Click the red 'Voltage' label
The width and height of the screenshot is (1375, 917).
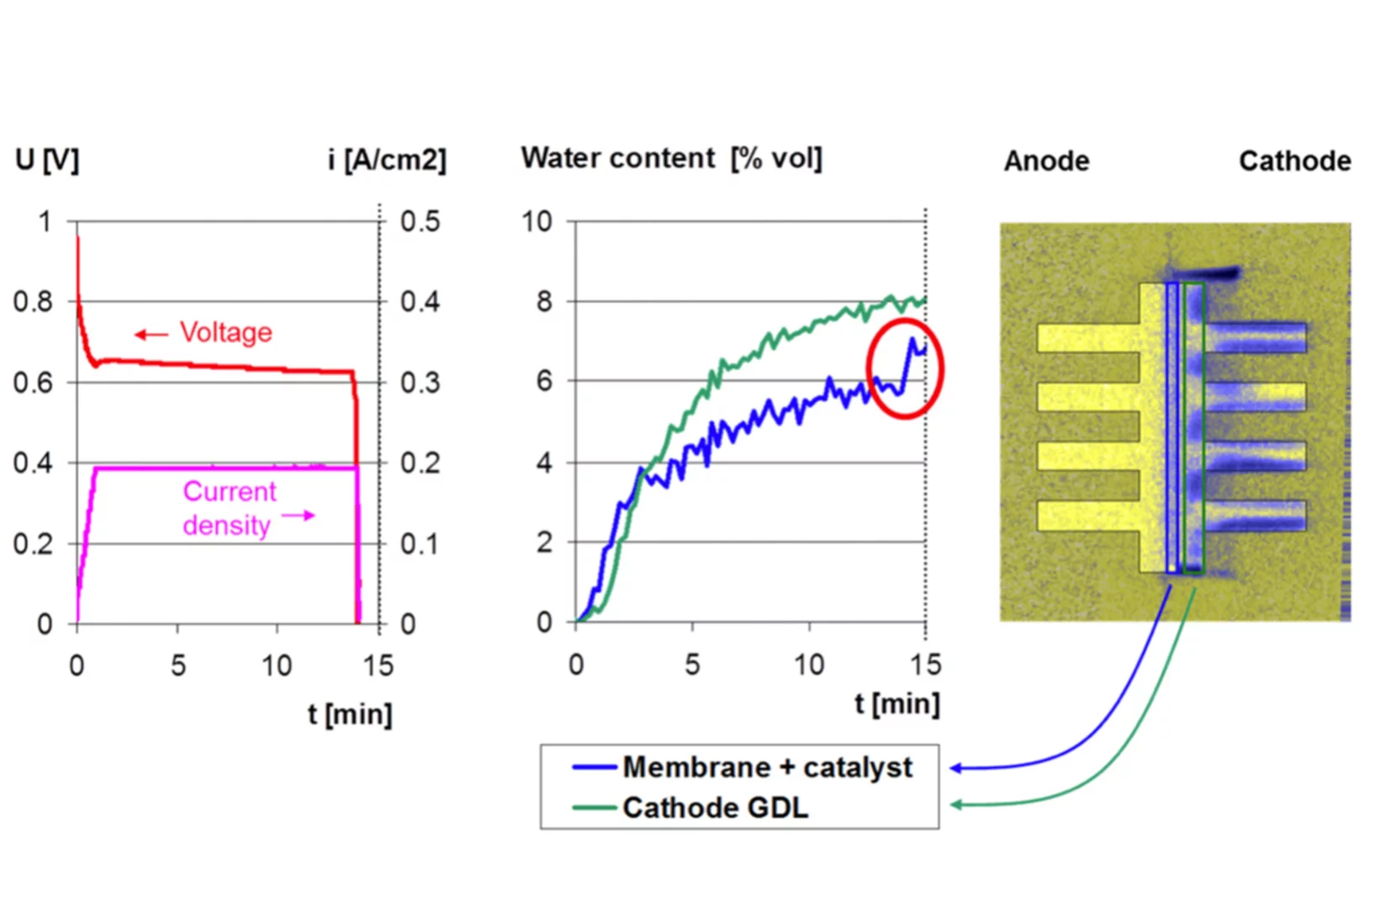pos(225,332)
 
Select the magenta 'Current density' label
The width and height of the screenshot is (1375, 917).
pos(228,508)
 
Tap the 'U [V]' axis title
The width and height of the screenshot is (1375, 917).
pos(47,160)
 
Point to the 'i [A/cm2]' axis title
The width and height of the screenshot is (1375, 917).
pos(387,160)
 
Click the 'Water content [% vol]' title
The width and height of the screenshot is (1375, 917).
pos(671,158)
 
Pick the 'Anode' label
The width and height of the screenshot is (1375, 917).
pos(1046,161)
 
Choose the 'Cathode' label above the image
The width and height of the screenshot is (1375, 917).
pos(1294,161)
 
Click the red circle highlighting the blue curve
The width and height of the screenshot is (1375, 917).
pos(905,368)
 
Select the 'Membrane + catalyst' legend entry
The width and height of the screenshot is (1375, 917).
pos(766,767)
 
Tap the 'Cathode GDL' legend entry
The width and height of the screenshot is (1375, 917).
pos(715,808)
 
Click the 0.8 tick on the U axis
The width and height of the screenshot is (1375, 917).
pos(33,301)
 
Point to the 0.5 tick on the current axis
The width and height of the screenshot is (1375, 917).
pos(420,222)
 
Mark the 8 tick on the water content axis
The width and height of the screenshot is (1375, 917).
pos(544,301)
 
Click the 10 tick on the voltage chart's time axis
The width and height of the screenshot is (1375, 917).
pos(276,666)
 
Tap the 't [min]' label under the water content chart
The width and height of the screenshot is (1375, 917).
pos(896,703)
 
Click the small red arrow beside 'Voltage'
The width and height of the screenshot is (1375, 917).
pos(151,335)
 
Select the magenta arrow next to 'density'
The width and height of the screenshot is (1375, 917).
pos(299,515)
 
